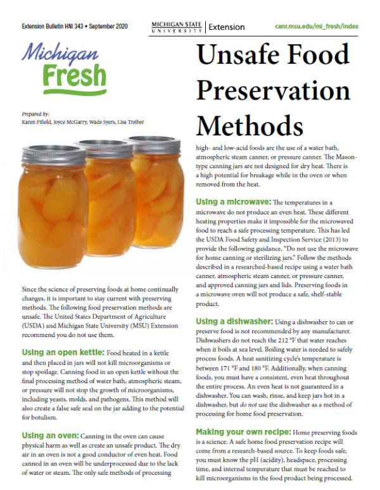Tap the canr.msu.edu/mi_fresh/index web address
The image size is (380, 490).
click(x=317, y=27)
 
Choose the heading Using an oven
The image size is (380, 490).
click(x=48, y=436)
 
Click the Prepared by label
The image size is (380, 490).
click(x=35, y=114)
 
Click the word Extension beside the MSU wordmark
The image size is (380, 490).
click(x=227, y=27)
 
